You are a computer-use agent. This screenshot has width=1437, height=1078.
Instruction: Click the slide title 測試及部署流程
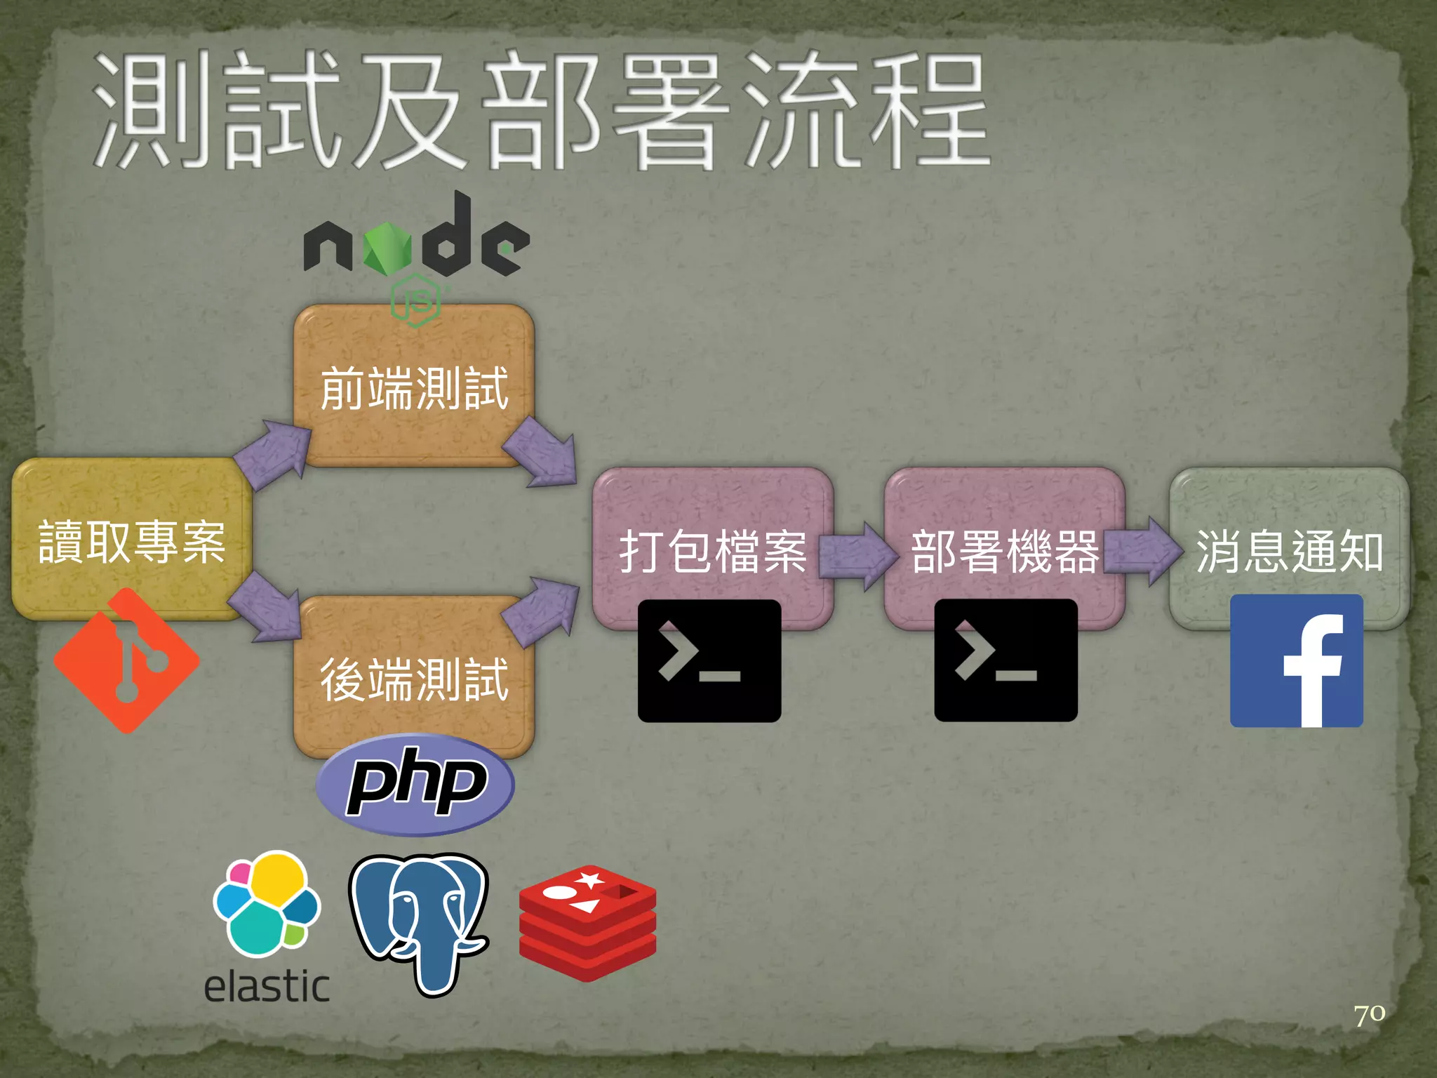pos(540,112)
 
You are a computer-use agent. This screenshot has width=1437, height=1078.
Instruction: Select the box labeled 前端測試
pos(414,387)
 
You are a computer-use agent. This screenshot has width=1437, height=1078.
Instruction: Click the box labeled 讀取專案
pos(131,540)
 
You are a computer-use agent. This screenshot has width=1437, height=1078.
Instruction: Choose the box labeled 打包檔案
pos(712,551)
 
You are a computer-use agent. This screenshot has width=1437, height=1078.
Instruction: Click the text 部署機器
pos(1005,551)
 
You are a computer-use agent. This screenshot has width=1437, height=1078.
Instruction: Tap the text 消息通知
pos(1290,551)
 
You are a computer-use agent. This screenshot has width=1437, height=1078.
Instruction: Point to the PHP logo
pos(415,784)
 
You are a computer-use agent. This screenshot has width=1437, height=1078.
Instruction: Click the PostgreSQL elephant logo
pos(419,923)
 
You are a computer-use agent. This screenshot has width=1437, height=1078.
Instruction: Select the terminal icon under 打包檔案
pos(709,660)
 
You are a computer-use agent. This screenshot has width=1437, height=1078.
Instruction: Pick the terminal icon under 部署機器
pos(1005,660)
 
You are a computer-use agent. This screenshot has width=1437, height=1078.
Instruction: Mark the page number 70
pos(1369,1014)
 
